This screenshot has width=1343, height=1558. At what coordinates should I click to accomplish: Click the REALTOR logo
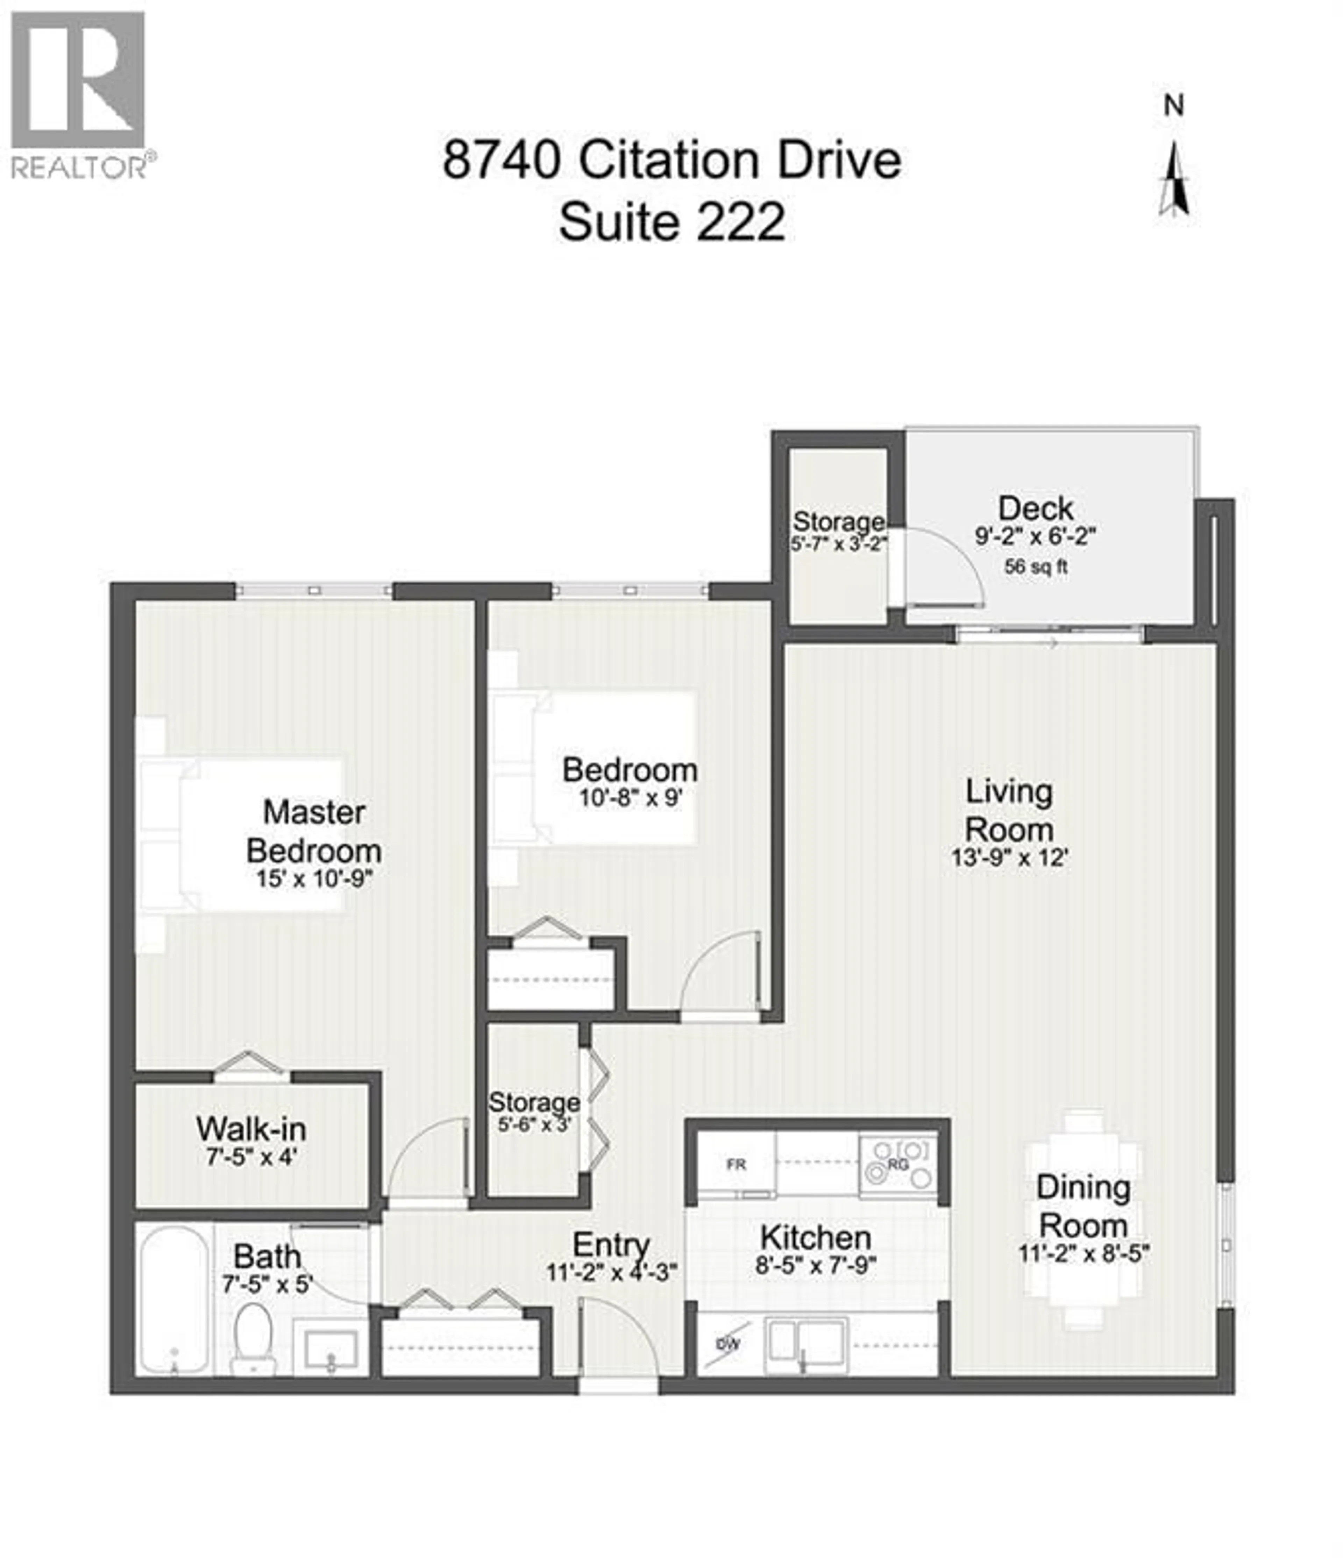coord(78,94)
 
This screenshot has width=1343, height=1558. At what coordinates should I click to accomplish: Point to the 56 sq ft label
coord(1036,567)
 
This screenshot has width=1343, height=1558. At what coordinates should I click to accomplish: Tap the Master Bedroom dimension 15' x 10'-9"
coord(314,878)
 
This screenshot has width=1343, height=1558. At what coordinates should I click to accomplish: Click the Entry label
coord(611,1244)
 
